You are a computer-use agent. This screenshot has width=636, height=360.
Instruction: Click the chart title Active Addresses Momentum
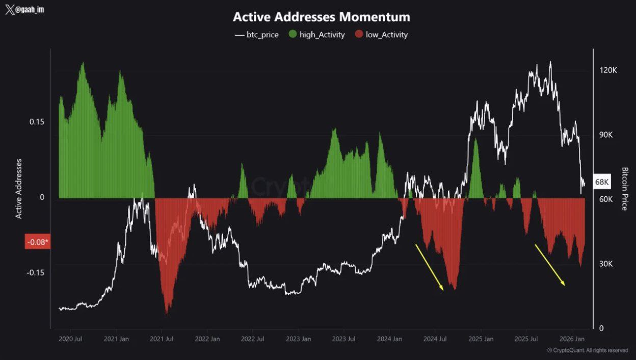(321, 17)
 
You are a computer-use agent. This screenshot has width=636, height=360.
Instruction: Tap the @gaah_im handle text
(29, 10)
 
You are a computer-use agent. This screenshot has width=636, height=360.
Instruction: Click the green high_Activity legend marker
(293, 35)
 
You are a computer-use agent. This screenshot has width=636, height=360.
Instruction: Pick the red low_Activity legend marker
(359, 35)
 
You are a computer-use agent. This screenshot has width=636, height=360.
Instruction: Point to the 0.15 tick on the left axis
(36, 122)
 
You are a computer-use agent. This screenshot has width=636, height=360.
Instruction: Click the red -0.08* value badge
(37, 242)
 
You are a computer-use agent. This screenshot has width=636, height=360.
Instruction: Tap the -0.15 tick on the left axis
(35, 272)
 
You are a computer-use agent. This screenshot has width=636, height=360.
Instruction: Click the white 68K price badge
(602, 182)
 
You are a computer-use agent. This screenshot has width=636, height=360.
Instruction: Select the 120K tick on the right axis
(608, 70)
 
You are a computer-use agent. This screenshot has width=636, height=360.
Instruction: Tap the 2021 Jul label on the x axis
(162, 339)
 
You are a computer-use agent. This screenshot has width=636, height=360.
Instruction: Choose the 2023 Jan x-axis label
(298, 339)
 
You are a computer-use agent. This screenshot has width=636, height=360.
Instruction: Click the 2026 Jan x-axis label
(572, 339)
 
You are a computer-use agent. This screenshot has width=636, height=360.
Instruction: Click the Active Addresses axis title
(19, 189)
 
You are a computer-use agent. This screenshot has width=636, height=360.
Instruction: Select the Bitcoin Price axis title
(625, 189)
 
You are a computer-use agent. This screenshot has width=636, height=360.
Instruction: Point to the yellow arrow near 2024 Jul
(429, 267)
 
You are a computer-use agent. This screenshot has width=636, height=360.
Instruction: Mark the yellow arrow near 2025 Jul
(549, 265)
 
